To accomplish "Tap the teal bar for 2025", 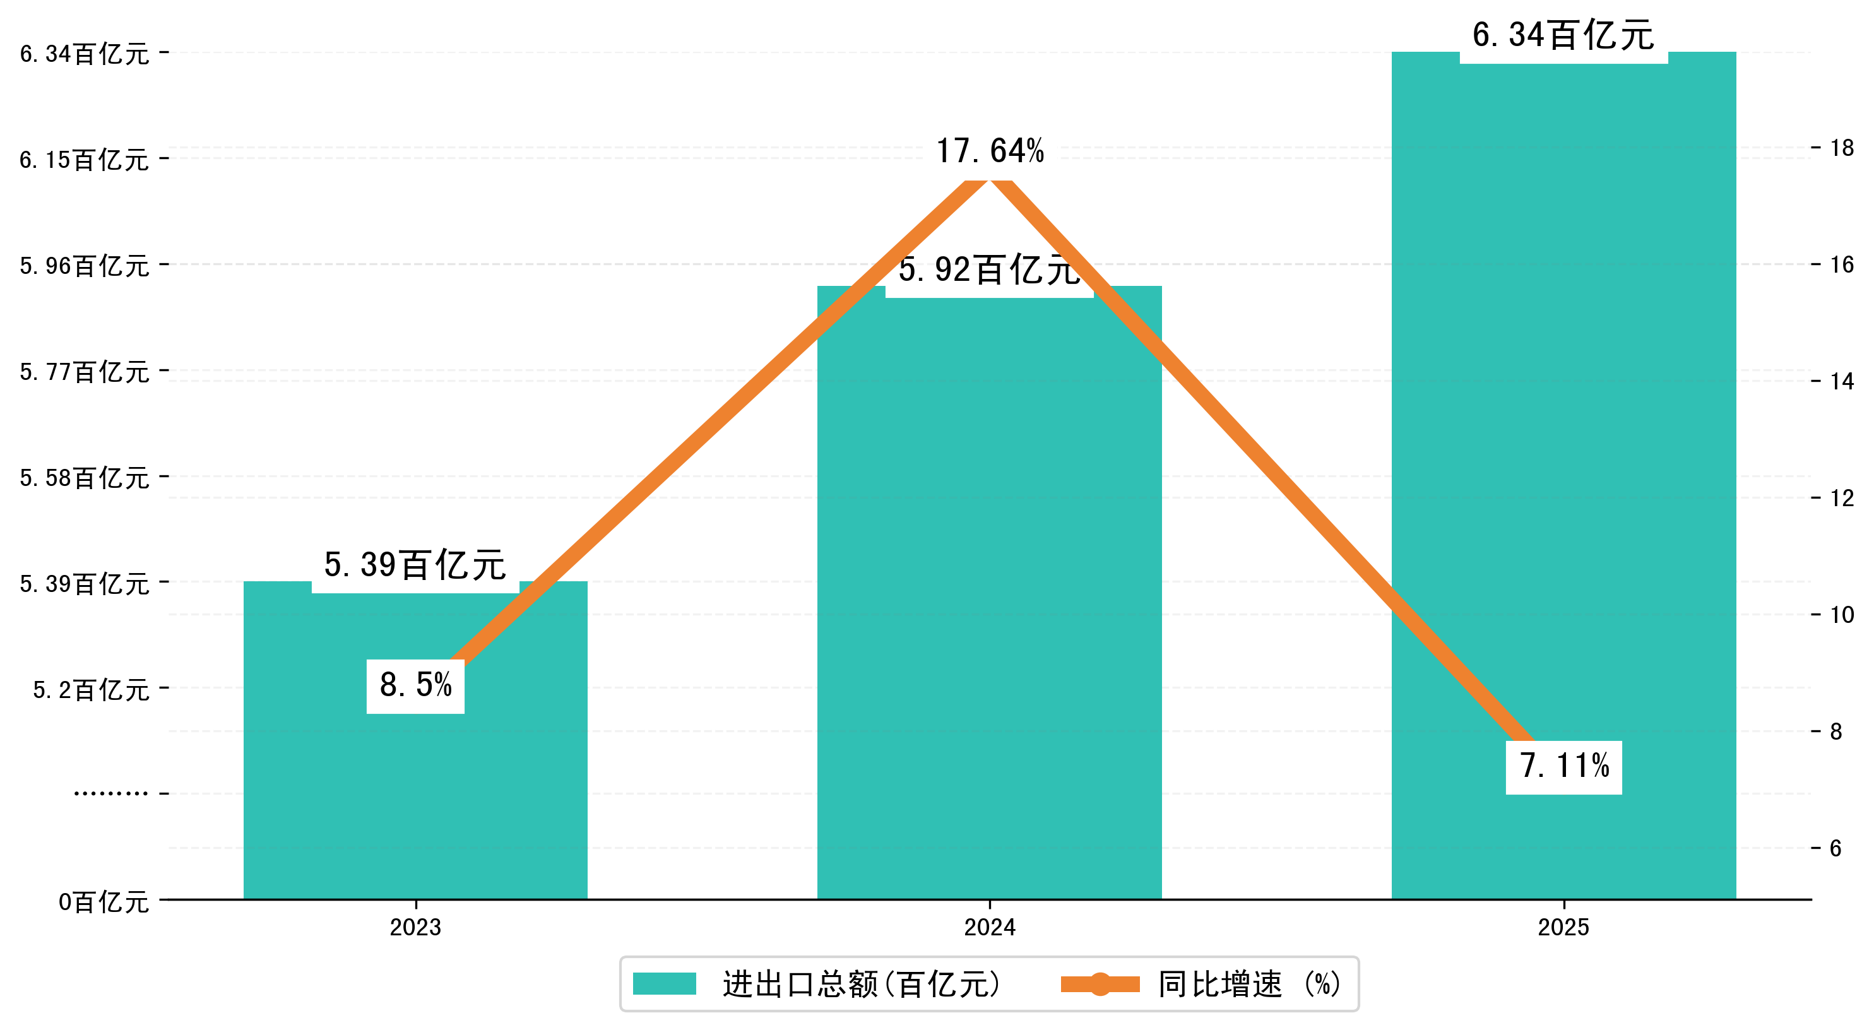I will click(x=1563, y=437).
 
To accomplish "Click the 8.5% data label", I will click(x=415, y=686).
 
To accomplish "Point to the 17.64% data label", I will click(x=989, y=151).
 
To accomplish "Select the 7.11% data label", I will click(x=1564, y=767).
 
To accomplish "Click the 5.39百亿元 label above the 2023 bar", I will click(x=415, y=565).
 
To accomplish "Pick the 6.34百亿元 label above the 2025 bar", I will click(x=1563, y=35).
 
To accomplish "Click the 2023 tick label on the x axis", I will click(x=415, y=927).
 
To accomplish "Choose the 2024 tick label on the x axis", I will click(x=989, y=927).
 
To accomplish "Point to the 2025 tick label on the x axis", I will click(x=1563, y=927).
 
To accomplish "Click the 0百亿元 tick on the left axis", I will click(x=104, y=903).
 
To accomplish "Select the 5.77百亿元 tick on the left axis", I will click(x=85, y=372).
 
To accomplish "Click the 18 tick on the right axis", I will click(x=1842, y=148).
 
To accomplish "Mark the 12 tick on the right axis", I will click(x=1842, y=498).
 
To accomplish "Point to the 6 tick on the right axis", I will click(x=1836, y=848).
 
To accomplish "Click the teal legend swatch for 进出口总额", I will click(x=664, y=984).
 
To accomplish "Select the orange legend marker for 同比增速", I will click(x=1100, y=984).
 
